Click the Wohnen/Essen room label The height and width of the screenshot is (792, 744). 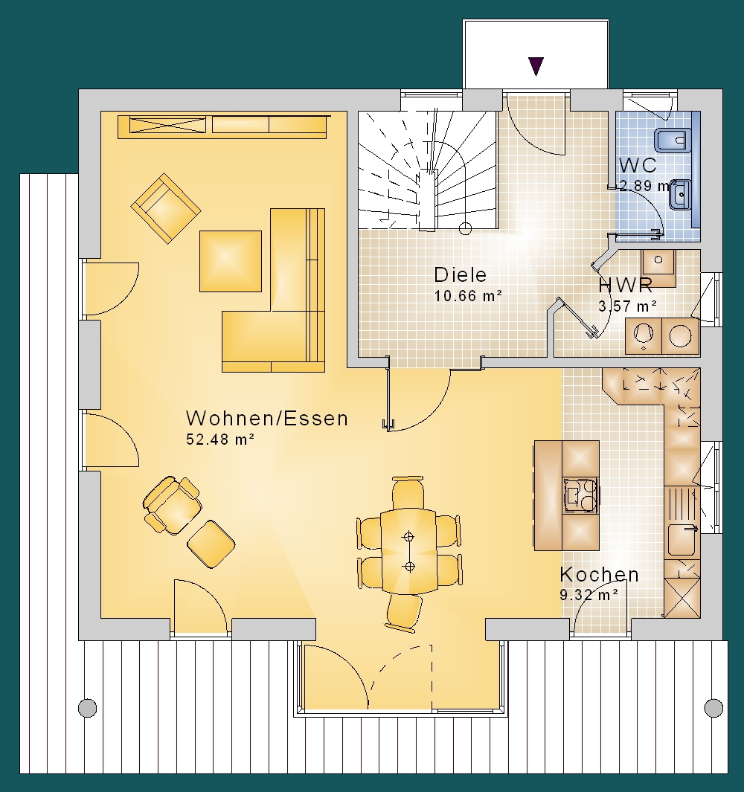coord(267,418)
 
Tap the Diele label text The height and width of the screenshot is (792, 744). coord(460,274)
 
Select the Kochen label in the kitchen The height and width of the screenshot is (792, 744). coord(599,574)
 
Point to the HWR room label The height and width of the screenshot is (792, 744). coord(625,286)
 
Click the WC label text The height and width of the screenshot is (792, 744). coord(638,165)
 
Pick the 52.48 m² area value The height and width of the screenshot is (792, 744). coord(220,440)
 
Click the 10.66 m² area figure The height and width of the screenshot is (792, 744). coord(468,295)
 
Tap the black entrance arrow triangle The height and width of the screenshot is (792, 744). coord(536,66)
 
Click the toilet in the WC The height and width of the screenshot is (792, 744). coord(673,141)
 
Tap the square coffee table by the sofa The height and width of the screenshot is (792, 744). coord(231,261)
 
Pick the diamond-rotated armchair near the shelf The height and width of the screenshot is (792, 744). coord(166,208)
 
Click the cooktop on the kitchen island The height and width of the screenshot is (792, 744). coord(581,495)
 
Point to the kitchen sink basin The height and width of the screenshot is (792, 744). coord(682,540)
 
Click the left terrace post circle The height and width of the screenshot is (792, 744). coord(88,708)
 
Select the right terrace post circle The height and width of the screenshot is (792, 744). coord(713,708)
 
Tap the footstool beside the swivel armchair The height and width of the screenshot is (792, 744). coord(211,544)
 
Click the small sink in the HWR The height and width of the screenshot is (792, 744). coord(658,267)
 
